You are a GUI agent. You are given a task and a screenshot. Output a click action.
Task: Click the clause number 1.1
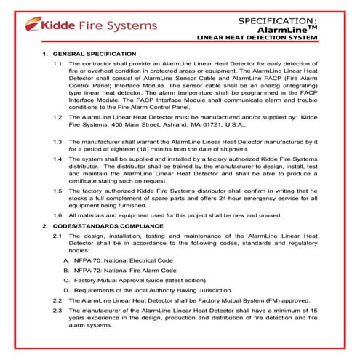[57, 65]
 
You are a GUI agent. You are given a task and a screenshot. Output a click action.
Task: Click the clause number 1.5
[57, 190]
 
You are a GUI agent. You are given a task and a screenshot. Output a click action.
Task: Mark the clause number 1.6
[57, 215]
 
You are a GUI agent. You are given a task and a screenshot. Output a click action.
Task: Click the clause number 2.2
[57, 300]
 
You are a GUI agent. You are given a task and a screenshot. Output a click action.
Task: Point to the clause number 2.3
[57, 311]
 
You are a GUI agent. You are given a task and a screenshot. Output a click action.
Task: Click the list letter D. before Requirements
[67, 289]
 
